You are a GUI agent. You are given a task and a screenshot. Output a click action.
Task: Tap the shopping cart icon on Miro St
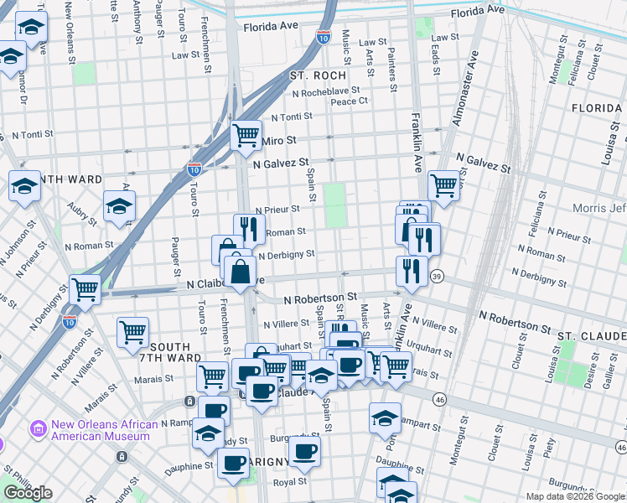[x=246, y=134]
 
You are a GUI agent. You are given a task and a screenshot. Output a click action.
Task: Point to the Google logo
[x=28, y=493]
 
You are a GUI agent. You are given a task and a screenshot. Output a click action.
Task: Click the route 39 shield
[x=436, y=276]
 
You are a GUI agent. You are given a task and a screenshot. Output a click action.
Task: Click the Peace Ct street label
[x=350, y=101]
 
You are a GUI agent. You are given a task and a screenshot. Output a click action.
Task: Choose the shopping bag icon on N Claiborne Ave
[x=241, y=271]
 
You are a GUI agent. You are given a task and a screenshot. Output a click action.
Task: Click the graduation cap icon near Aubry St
[x=120, y=206]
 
